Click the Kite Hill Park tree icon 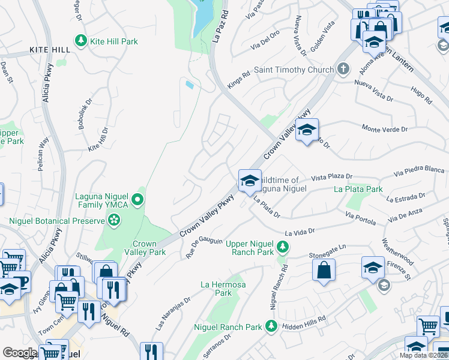[80, 40]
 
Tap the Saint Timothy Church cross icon [343, 69]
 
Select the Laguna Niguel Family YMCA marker [138, 199]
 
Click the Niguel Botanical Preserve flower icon [114, 221]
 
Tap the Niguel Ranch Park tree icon [271, 326]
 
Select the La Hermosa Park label [215, 289]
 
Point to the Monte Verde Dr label [384, 128]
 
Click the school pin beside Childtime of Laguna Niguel [249, 180]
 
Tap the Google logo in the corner [19, 353]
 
